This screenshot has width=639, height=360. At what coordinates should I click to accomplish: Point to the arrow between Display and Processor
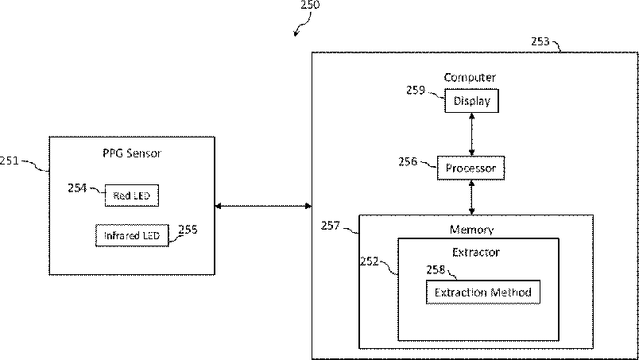click(x=471, y=134)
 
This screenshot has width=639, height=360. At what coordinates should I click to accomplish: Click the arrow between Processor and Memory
click(x=471, y=198)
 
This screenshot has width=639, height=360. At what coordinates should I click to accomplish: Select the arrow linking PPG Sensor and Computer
click(x=263, y=206)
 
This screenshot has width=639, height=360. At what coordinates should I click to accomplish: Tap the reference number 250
click(x=310, y=5)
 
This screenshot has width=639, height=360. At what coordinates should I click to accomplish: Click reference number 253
click(x=540, y=41)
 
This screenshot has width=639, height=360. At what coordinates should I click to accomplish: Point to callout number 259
click(x=416, y=90)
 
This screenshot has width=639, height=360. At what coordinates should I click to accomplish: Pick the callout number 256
click(x=408, y=162)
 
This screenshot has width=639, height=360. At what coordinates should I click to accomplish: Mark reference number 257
click(x=331, y=226)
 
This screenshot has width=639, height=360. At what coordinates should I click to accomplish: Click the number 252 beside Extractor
click(x=370, y=261)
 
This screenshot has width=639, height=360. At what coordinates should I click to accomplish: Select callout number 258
click(x=436, y=270)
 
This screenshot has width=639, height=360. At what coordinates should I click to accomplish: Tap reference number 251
click(x=10, y=161)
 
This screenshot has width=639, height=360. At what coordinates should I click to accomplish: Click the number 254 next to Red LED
click(x=77, y=188)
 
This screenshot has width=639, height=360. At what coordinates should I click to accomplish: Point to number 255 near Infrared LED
click(x=188, y=230)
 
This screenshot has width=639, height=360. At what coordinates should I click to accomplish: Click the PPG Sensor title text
click(x=132, y=153)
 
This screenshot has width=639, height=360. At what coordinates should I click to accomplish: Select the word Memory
click(x=471, y=230)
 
